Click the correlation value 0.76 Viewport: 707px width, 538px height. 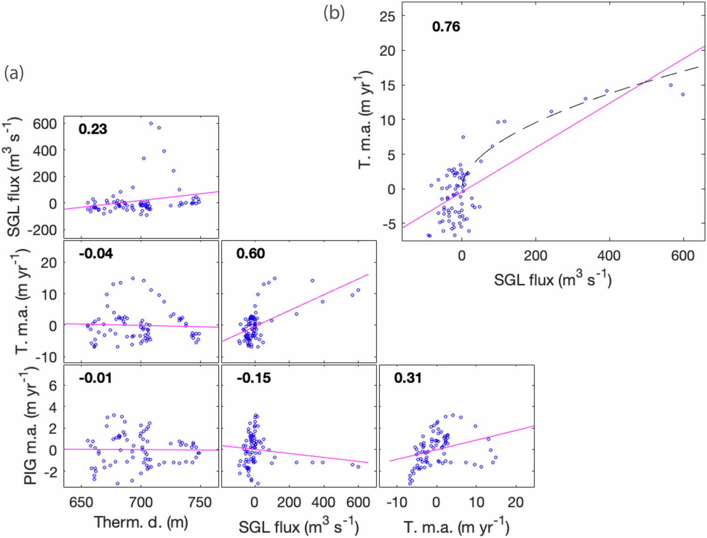445,26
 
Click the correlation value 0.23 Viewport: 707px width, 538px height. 93,129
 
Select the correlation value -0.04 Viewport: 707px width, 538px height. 96,254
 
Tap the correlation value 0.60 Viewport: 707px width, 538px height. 250,254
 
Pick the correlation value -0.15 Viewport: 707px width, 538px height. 254,378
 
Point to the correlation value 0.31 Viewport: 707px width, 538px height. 408,378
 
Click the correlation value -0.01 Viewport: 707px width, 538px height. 95,378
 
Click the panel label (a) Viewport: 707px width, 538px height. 14,73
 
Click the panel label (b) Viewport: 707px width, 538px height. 334,13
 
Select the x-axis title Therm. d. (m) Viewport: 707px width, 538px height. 141,522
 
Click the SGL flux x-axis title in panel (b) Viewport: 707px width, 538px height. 552,280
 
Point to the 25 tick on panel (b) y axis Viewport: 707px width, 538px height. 387,17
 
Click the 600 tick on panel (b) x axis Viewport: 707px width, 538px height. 683,256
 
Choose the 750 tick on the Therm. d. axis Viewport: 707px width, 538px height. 200,502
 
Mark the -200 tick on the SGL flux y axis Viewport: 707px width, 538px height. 42,231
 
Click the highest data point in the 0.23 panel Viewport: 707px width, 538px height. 151,124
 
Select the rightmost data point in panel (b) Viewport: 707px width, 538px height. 682,94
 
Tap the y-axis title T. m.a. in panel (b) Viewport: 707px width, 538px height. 365,120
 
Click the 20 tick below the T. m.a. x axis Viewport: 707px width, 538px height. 515,502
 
